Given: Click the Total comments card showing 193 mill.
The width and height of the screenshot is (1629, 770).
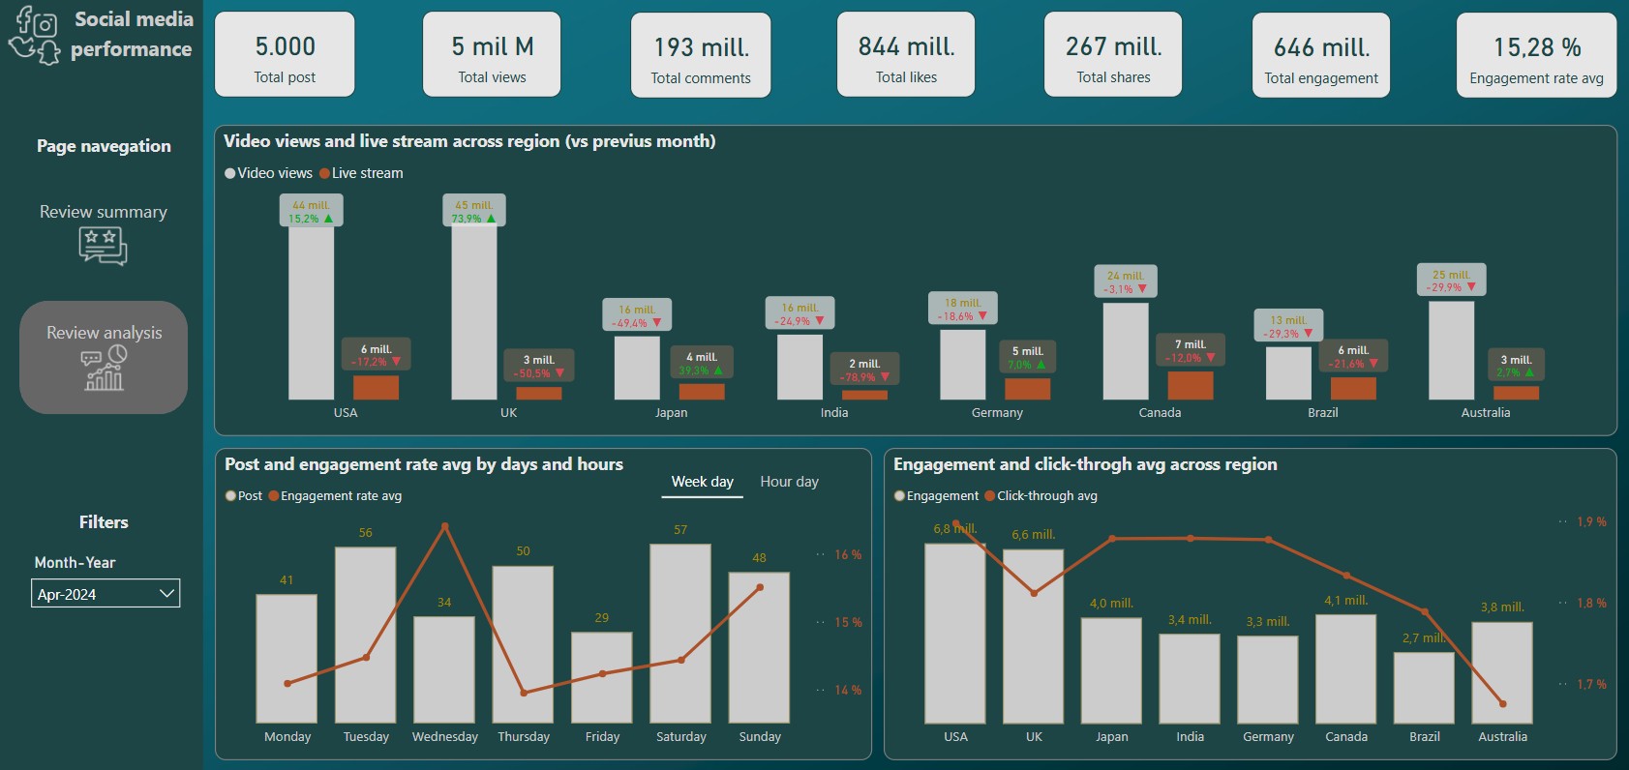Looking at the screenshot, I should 701,55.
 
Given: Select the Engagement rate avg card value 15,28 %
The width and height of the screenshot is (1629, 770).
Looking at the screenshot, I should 1536,47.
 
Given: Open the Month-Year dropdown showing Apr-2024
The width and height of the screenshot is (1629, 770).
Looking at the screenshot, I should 106,594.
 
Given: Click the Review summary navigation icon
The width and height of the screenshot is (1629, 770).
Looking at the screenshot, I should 104,245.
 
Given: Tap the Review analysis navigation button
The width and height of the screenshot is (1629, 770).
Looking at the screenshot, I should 104,357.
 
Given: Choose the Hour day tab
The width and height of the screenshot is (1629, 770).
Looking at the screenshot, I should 789,482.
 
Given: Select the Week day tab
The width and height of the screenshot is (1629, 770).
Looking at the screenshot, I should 702,482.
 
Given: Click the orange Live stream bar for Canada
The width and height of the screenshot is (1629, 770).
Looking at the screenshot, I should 1191,385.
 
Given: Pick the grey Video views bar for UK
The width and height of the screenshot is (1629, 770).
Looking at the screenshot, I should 474,311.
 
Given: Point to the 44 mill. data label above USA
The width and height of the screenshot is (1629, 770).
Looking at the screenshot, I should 312,206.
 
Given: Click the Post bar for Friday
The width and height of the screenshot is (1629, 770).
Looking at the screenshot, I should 602,677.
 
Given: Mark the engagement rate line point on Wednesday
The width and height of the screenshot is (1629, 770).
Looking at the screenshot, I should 445,526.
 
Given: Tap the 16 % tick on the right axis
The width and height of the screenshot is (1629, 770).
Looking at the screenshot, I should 848,555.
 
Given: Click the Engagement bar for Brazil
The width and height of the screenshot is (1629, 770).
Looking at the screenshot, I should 1424,687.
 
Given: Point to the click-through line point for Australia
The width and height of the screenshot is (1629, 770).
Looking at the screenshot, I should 1503,703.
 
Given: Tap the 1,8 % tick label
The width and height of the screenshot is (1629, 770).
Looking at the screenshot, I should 1591,604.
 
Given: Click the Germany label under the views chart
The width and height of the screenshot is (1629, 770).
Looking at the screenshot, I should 997,413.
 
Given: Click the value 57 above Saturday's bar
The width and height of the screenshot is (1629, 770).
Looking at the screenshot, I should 680,530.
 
